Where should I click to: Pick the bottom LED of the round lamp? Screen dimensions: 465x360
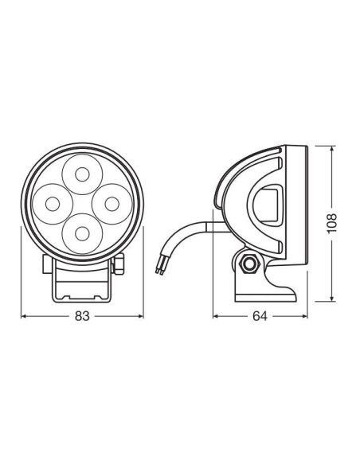81,231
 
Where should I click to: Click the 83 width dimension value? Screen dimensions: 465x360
82,316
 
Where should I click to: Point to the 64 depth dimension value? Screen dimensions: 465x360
259,316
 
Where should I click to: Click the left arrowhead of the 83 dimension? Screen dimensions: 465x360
24,316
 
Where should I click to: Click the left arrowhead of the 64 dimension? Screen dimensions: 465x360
216,316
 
